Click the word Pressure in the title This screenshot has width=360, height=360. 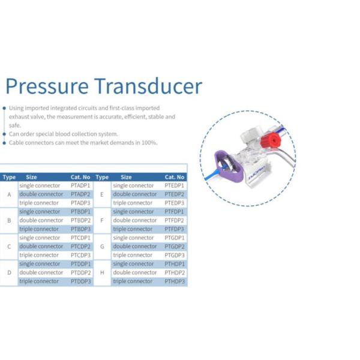[47, 86]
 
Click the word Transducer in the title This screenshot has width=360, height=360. [148, 86]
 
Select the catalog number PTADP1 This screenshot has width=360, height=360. [80, 185]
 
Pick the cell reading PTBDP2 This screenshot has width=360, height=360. [80, 220]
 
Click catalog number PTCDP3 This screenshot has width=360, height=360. [80, 255]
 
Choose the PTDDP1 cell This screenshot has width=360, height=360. [80, 264]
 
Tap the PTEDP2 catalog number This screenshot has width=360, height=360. [175, 194]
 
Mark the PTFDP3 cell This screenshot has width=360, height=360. [174, 229]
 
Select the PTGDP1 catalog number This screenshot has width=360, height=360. [175, 238]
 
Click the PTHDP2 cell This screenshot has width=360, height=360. [175, 272]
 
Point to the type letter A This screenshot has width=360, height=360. [9, 194]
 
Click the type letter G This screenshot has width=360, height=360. [102, 247]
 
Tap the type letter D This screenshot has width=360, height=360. [9, 272]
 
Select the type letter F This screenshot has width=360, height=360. [102, 221]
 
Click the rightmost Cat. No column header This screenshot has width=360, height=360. [175, 177]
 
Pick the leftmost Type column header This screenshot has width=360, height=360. [9, 177]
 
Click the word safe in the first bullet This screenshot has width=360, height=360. [15, 125]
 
